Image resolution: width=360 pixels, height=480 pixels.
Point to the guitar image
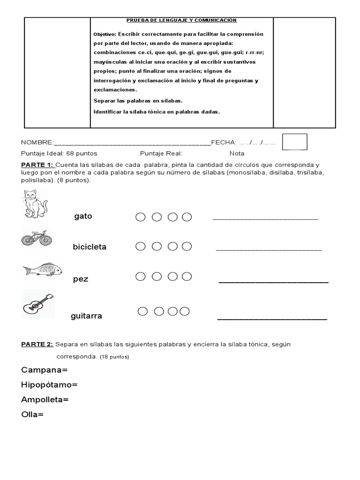[x=38, y=304]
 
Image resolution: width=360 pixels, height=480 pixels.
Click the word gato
[x=83, y=217]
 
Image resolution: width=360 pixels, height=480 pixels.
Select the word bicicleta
[x=90, y=247]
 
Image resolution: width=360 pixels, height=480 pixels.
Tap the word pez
[x=81, y=279]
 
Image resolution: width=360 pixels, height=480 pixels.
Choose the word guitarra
[x=86, y=316]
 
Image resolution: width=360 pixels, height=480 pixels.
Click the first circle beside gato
[x=140, y=217]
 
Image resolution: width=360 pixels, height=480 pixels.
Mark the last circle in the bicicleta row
[x=187, y=246]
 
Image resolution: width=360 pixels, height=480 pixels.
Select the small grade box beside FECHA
[x=294, y=142]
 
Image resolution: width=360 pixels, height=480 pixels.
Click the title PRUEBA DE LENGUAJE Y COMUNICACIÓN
[x=181, y=20]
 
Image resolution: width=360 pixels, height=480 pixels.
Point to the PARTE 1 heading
[x=37, y=165]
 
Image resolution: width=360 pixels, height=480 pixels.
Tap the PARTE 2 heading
[x=37, y=345]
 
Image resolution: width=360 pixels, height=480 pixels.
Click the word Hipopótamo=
[x=49, y=385]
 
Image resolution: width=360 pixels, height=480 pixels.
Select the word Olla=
[x=32, y=414]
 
